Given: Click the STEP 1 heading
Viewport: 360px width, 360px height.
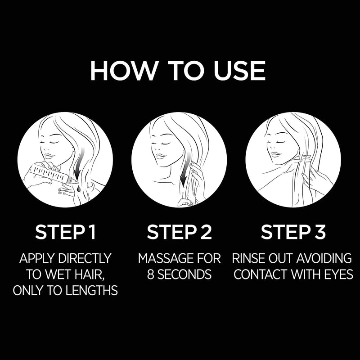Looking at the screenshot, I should (65, 233).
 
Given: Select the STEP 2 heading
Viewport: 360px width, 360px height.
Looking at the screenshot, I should (179, 233).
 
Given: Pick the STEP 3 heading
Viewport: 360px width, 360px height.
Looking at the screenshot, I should (293, 233).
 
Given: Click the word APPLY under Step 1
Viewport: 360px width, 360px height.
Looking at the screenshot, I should (38, 259).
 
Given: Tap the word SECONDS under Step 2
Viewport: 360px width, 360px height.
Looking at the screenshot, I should (185, 274).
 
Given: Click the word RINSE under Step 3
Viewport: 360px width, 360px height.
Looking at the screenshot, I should (248, 259).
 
